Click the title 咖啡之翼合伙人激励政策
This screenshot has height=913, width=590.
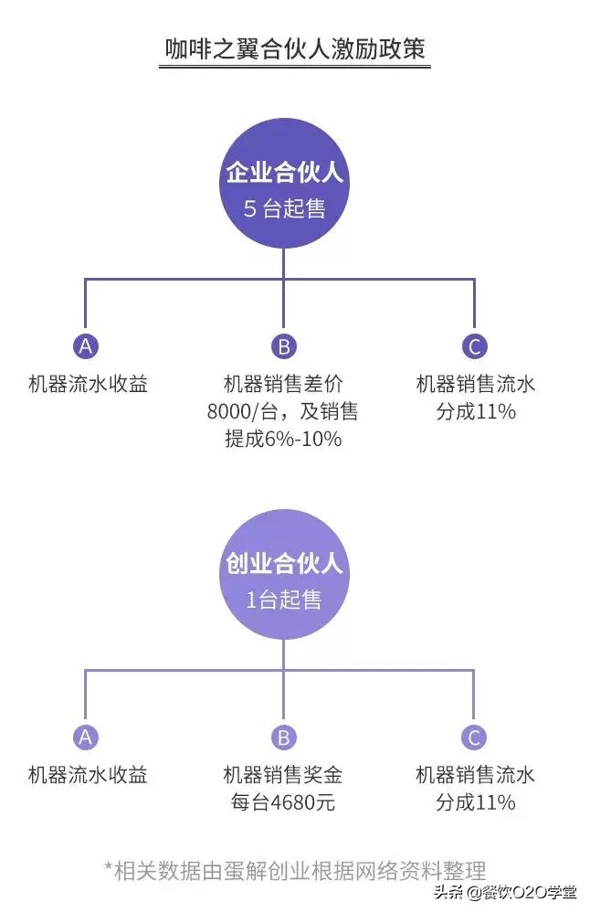point(295,48)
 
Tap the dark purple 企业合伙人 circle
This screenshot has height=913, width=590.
point(284,187)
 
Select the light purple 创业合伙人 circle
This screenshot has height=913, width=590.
point(284,578)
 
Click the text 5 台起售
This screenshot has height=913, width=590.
point(284,208)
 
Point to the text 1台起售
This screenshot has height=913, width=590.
point(284,600)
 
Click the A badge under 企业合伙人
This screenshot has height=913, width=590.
point(86,346)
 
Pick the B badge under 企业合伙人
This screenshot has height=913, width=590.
point(283,346)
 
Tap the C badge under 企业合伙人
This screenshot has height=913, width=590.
point(474,346)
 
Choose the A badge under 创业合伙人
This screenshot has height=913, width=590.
point(86,738)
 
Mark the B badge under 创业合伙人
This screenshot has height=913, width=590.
point(283,738)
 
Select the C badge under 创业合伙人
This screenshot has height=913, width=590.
point(474,738)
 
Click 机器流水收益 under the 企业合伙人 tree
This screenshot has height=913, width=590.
point(88,384)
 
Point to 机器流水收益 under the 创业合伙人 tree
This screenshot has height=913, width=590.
point(88,776)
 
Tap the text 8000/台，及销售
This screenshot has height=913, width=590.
point(283,411)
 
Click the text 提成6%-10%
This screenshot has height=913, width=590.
point(283,439)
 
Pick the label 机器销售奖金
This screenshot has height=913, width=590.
point(283,776)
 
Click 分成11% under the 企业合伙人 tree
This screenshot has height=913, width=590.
point(476,411)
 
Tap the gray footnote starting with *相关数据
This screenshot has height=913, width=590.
point(295,868)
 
